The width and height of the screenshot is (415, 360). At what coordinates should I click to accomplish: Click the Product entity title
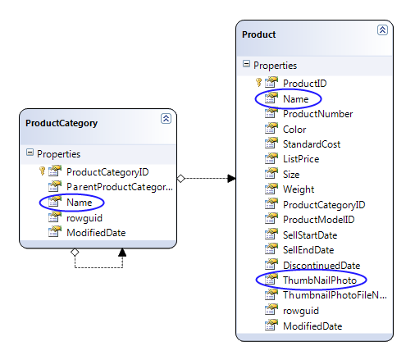pyautogui.click(x=258, y=34)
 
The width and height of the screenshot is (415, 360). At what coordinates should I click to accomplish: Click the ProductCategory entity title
pyautogui.click(x=62, y=123)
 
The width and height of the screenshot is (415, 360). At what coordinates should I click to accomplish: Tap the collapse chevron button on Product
pyautogui.click(x=382, y=30)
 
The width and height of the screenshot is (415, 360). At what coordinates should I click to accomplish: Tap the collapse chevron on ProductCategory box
pyautogui.click(x=166, y=119)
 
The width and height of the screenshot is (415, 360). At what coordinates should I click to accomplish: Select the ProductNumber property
pyautogui.click(x=317, y=114)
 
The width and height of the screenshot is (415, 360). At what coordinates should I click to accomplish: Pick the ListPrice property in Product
pyautogui.click(x=301, y=159)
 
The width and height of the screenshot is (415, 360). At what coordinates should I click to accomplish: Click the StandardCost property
pyautogui.click(x=312, y=144)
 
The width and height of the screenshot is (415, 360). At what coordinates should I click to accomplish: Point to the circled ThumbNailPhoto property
pyautogui.click(x=320, y=280)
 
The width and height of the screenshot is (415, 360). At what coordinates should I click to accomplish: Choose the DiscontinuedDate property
pyautogui.click(x=322, y=266)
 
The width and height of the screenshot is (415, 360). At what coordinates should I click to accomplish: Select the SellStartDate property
pyautogui.click(x=310, y=235)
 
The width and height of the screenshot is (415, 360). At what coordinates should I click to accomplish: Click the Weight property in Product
pyautogui.click(x=299, y=189)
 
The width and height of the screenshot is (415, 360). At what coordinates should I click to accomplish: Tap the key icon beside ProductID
pyautogui.click(x=258, y=82)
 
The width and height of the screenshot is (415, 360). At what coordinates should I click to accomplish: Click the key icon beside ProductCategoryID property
pyautogui.click(x=42, y=171)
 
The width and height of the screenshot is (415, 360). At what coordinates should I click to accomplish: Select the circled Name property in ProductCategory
pyautogui.click(x=80, y=203)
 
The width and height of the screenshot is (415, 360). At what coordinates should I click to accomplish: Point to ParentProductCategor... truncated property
pyautogui.click(x=120, y=187)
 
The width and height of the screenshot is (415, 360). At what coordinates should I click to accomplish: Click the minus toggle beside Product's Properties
pyautogui.click(x=246, y=64)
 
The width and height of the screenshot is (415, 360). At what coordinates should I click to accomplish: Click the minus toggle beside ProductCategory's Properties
pyautogui.click(x=30, y=153)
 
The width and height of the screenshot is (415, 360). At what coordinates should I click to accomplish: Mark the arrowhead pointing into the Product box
pyautogui.click(x=231, y=179)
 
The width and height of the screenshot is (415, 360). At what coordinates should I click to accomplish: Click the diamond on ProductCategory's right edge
pyautogui.click(x=181, y=179)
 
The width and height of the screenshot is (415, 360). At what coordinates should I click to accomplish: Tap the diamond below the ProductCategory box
pyautogui.click(x=75, y=252)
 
